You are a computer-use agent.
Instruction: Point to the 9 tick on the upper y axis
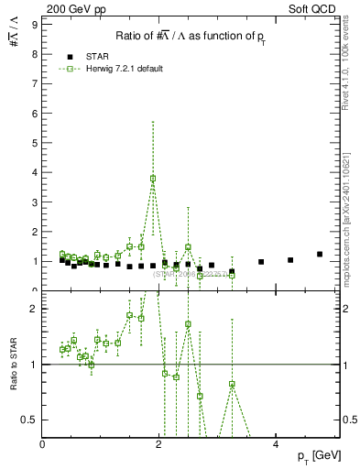click(x=34, y=24)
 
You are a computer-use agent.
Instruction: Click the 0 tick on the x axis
click(x=43, y=444)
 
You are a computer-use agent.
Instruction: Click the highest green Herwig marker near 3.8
click(x=153, y=179)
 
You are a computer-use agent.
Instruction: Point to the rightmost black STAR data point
click(x=320, y=255)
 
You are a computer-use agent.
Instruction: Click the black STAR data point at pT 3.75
click(x=261, y=262)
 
